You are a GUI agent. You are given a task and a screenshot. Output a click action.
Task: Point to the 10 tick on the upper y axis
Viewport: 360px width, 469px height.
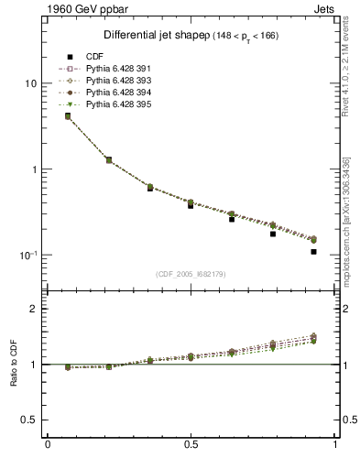29,83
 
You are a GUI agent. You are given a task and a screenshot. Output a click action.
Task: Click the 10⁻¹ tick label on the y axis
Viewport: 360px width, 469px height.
27,256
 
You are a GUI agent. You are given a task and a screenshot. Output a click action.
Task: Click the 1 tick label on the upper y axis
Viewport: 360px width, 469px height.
33,169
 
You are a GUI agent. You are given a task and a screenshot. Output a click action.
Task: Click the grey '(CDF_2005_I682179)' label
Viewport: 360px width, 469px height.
191,274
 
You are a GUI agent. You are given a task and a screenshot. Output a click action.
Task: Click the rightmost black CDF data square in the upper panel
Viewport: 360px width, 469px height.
313,252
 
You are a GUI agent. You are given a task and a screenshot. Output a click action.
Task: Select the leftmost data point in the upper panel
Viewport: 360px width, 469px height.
68,115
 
